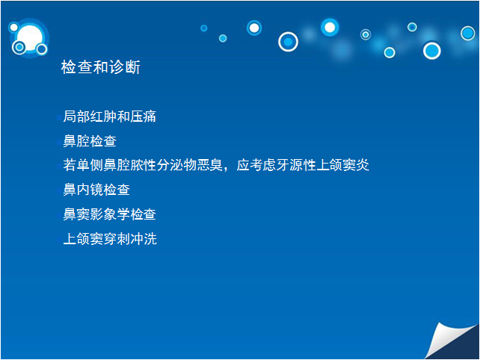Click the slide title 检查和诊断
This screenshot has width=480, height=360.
point(101,67)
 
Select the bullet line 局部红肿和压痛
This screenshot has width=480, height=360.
point(109,117)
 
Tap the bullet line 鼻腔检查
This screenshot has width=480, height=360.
point(90,141)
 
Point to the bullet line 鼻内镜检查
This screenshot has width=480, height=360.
point(96,190)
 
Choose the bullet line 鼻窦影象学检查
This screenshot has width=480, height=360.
point(109,214)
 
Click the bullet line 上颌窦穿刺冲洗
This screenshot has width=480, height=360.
point(110,238)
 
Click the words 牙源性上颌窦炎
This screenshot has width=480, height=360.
point(323,165)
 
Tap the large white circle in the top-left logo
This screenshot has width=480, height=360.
point(30,37)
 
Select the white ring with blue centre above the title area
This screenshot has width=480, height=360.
point(288,42)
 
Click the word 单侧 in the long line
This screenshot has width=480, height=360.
point(90,165)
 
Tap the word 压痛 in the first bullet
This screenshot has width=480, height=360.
point(143,117)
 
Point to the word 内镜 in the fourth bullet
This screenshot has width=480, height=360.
point(90,190)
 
